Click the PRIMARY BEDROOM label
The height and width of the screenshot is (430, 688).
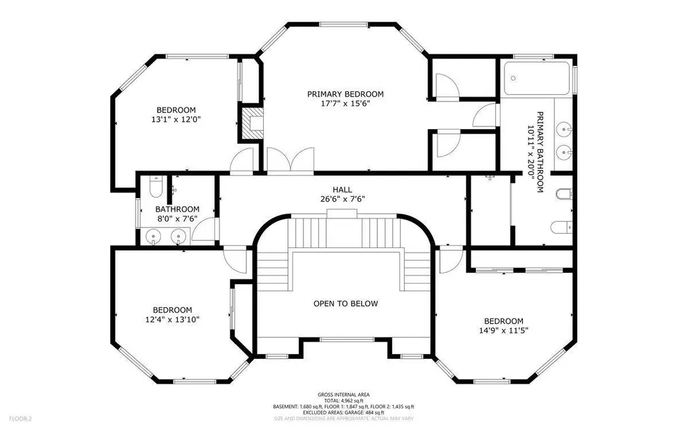pyautogui.click(x=345, y=94)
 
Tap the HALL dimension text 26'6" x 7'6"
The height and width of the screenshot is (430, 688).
pyautogui.click(x=342, y=199)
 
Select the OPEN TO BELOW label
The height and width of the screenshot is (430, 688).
pyautogui.click(x=345, y=304)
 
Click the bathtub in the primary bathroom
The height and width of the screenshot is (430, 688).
pyautogui.click(x=536, y=79)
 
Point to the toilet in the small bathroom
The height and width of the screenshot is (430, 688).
pyautogui.click(x=156, y=186)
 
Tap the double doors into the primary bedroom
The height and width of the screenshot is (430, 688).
pyautogui.click(x=291, y=161)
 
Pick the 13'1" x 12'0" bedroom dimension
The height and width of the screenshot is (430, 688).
pyautogui.click(x=176, y=120)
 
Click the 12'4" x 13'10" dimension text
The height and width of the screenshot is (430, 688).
pyautogui.click(x=173, y=320)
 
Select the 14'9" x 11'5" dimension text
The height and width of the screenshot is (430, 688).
pyautogui.click(x=503, y=331)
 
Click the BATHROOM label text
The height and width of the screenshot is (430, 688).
pyautogui.click(x=177, y=210)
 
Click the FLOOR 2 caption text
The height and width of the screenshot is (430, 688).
pyautogui.click(x=20, y=419)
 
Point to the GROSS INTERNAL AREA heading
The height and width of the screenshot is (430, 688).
pyautogui.click(x=344, y=395)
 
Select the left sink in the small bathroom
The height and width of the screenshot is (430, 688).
pyautogui.click(x=152, y=236)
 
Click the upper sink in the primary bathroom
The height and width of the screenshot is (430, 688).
pyautogui.click(x=564, y=130)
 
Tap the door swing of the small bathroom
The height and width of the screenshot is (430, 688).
pyautogui.click(x=203, y=229)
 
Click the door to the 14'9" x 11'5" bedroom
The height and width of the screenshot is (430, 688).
pyautogui.click(x=450, y=260)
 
